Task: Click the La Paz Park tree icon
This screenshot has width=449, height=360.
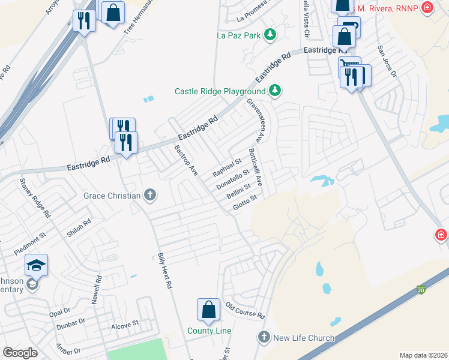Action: pos(271,35)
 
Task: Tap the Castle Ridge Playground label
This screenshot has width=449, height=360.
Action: pos(220,91)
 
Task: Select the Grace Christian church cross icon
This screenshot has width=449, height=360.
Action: pos(150,195)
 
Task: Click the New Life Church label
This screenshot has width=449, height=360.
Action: pos(304,338)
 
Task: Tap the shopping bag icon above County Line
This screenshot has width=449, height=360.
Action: pos(208,310)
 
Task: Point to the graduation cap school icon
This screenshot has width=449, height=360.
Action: pos(36,265)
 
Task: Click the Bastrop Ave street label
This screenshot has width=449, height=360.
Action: pos(185,160)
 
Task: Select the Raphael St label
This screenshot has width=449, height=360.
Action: pos(226,167)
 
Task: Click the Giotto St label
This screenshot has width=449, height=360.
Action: pos(245,203)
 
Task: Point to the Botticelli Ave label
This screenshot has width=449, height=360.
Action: pos(256,166)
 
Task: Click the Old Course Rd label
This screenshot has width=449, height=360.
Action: pos(245,310)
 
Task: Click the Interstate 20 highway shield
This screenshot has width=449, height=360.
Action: pos(421,290)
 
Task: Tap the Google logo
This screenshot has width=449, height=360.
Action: pos(20,353)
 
